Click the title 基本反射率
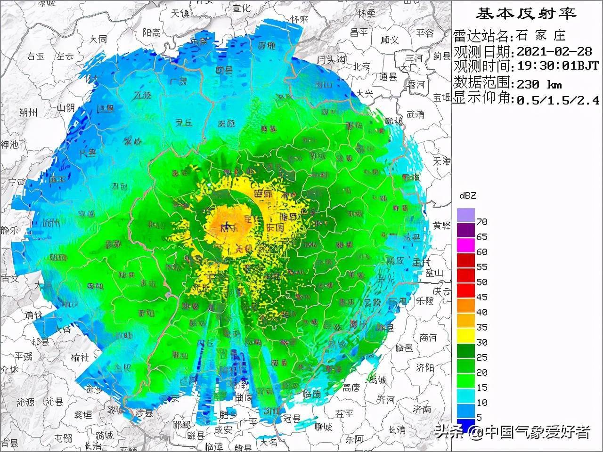coord(526,14)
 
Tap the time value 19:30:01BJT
coord(558,66)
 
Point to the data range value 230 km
coord(539,84)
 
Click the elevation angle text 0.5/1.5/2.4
coord(558,100)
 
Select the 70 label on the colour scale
coord(481,222)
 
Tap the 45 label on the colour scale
coord(481,297)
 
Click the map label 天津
coord(442,161)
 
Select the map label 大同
coord(98,39)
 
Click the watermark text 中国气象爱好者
coord(537,432)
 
